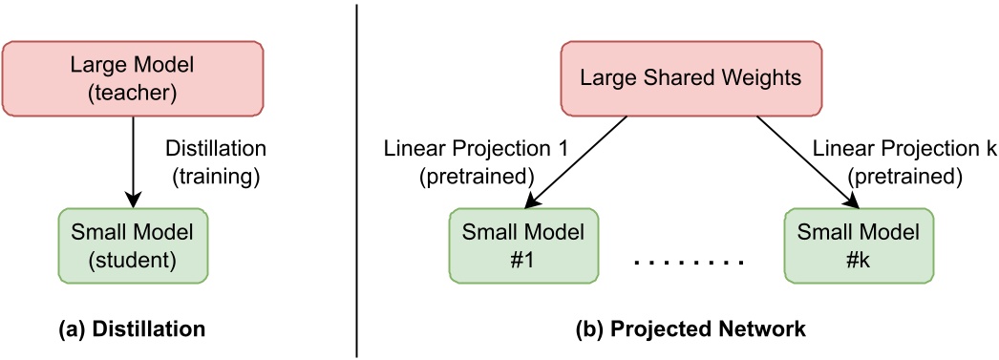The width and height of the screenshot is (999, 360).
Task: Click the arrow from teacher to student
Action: point(133,162)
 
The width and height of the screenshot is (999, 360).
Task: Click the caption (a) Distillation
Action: point(132,329)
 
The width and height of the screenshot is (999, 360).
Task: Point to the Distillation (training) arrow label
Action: point(216,162)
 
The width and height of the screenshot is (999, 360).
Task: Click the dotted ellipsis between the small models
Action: point(688,260)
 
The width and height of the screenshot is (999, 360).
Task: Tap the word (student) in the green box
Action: point(132,260)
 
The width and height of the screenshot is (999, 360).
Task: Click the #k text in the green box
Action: point(854,260)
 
